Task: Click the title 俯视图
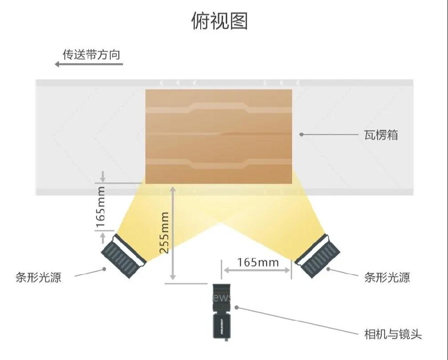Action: (x=219, y=21)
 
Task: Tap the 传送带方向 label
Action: (x=91, y=54)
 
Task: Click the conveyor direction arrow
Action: (x=89, y=64)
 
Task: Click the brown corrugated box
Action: (x=219, y=136)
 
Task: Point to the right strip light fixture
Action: (x=318, y=256)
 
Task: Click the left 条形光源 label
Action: (x=38, y=277)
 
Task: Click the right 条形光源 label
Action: (x=387, y=277)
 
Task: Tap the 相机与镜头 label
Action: (x=393, y=334)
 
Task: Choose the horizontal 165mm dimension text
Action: (x=258, y=262)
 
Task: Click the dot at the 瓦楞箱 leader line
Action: (x=301, y=134)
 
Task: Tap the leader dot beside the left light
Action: (x=105, y=269)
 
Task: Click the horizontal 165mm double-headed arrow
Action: (x=256, y=270)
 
